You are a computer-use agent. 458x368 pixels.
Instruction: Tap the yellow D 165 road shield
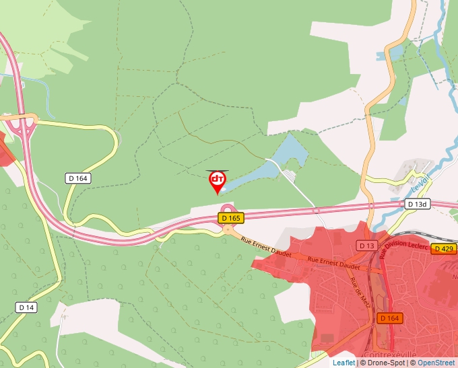(x=230, y=218)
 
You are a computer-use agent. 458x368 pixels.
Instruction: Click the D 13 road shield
(x=367, y=246)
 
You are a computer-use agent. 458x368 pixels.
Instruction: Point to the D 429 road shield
(x=444, y=249)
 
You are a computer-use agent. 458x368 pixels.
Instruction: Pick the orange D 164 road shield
(x=390, y=318)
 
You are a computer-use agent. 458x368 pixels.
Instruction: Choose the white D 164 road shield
(x=79, y=178)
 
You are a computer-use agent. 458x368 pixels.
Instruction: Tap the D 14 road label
(x=26, y=307)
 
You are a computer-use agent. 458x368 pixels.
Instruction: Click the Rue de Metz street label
(x=356, y=289)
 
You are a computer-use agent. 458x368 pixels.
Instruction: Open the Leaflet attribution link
(x=343, y=363)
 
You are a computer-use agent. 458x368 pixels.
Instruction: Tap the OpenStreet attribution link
(x=436, y=363)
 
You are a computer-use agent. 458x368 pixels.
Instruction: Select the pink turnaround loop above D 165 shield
(x=228, y=208)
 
